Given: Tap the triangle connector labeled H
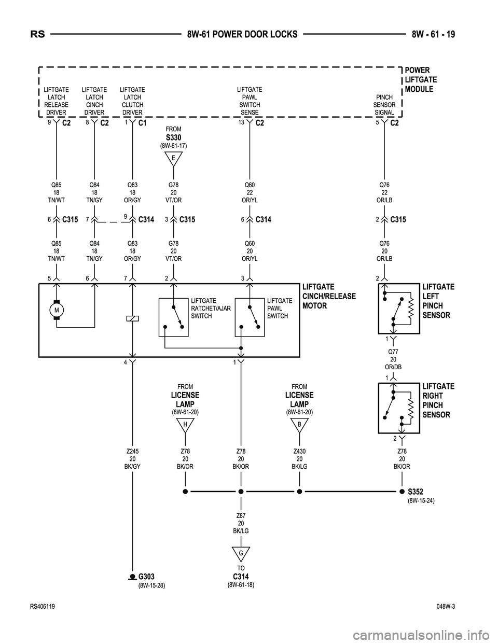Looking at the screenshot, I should pos(185,425).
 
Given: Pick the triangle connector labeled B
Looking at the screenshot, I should pos(299,425).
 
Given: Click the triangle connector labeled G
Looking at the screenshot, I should pos(241,554).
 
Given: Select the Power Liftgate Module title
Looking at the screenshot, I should pos(420,80).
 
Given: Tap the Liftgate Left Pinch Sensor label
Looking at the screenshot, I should pos(438,301).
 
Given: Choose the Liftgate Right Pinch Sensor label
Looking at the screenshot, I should pos(438,400).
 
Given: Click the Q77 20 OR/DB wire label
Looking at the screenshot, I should pos(393,359).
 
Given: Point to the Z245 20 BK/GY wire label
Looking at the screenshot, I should pos(133,459).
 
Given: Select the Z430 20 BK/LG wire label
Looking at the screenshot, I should pos(299,459).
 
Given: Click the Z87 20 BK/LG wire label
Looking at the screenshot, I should pos(241,523).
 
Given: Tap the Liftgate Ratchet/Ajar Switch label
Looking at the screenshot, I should pos(211,308).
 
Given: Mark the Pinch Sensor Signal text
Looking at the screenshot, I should pos(384,105).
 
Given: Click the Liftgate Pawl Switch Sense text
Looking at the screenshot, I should pos(250,101).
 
